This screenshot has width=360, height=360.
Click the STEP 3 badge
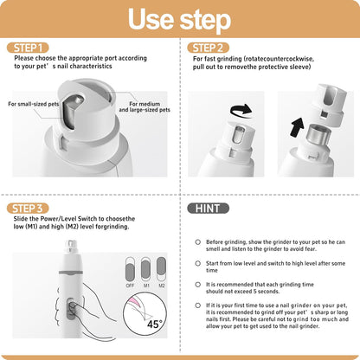pyautogui.click(x=32, y=209)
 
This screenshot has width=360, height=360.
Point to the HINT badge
pyautogui.click(x=209, y=209)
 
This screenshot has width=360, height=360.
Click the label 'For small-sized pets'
pyautogui.click(x=34, y=104)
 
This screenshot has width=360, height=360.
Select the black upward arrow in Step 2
pyautogui.click(x=296, y=128)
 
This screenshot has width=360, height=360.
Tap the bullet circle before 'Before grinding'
pyautogui.click(x=198, y=242)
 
